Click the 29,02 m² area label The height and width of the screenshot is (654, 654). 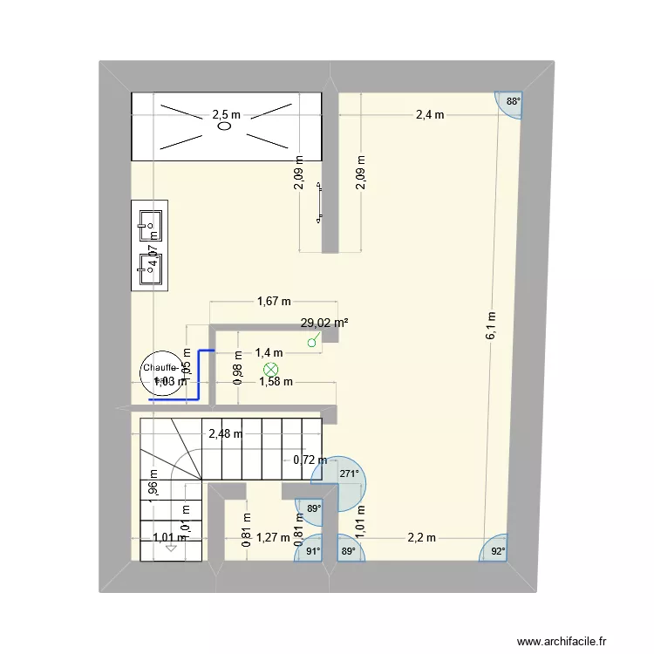point(324,323)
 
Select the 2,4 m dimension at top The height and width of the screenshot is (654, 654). point(429,114)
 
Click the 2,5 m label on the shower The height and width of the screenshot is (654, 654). point(226,114)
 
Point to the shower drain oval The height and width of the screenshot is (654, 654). point(224,126)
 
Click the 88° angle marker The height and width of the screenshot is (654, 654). point(513,102)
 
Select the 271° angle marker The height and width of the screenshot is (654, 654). point(349,474)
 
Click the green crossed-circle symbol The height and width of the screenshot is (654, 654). point(270,371)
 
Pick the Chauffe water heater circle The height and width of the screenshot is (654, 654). point(162,373)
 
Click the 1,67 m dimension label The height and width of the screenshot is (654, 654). point(273,303)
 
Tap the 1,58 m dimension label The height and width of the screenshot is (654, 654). point(275,381)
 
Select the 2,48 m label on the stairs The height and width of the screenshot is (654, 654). point(224,433)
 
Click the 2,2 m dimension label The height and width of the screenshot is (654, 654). point(421,538)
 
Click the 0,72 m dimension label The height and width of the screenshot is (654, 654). point(310,460)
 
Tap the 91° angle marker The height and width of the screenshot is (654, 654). point(312,550)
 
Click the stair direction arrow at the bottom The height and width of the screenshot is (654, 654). point(171,547)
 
